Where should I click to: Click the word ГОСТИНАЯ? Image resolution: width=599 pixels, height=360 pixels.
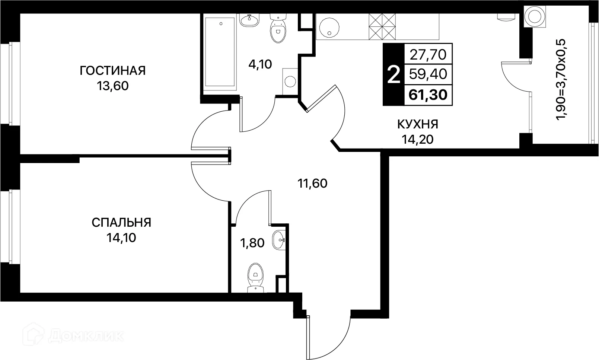(112, 70)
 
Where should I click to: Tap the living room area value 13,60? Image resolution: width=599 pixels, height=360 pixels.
(112, 86)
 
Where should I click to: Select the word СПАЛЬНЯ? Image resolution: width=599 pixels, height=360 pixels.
(121, 223)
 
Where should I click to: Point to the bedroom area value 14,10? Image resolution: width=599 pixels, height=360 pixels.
(121, 238)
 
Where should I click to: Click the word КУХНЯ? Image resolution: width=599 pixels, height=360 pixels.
(418, 124)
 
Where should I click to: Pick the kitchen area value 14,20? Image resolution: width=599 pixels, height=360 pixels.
(418, 139)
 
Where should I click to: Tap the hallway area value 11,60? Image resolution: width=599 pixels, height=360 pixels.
(312, 183)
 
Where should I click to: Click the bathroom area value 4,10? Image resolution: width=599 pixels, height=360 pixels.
(261, 64)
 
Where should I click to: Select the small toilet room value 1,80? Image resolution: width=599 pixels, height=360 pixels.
(252, 243)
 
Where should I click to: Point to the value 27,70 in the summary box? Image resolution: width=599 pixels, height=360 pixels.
(428, 55)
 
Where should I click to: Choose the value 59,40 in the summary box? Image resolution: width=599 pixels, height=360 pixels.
(428, 74)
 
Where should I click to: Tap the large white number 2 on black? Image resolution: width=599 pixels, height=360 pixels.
(394, 75)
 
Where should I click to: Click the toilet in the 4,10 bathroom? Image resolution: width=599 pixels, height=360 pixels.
(278, 29)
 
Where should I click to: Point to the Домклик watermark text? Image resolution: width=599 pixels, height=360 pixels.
(86, 336)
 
